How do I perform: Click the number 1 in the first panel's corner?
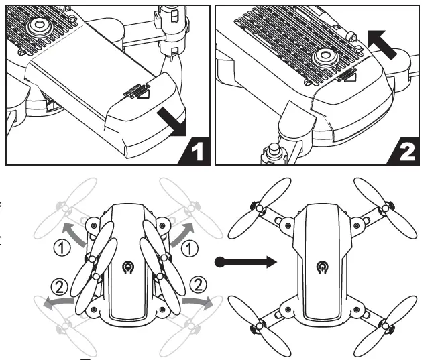[x=197, y=152]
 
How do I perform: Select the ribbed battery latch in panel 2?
[x=347, y=76]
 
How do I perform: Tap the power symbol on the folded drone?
[x=128, y=268]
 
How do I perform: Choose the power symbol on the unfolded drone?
[x=324, y=269]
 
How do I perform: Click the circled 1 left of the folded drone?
[x=62, y=248]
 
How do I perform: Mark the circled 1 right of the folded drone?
[x=192, y=249]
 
